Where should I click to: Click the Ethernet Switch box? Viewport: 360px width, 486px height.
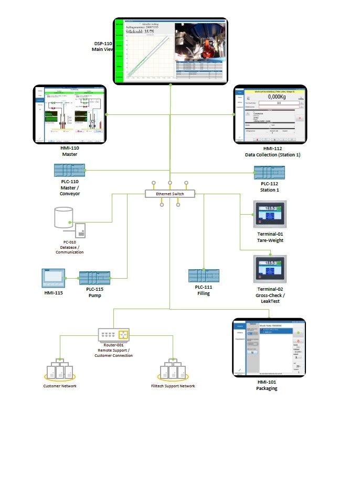(x=170, y=194)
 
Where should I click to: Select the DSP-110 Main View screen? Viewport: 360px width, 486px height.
(x=171, y=50)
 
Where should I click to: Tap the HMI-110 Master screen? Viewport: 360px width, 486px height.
(x=70, y=114)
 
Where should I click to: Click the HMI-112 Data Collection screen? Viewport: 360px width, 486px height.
(x=270, y=114)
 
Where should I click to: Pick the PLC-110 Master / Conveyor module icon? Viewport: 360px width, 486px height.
(x=69, y=170)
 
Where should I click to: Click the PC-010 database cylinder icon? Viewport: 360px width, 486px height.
(x=63, y=217)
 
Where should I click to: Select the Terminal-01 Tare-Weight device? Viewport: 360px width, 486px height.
(x=270, y=216)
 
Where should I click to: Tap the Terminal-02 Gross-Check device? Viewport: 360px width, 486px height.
(x=270, y=269)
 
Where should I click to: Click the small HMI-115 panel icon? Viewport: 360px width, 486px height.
(x=53, y=277)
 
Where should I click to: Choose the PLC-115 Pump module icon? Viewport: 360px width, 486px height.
(x=94, y=278)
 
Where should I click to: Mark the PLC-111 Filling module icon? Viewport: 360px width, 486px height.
(x=204, y=276)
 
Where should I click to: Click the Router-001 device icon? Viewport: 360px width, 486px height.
(x=113, y=335)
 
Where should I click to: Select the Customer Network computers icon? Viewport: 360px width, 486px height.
(x=60, y=369)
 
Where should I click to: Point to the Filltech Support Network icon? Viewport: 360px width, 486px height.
(x=173, y=369)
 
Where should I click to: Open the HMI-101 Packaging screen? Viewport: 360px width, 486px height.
(x=269, y=347)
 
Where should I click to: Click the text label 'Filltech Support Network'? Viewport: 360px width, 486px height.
(x=173, y=386)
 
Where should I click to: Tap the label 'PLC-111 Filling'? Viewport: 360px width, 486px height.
(x=204, y=290)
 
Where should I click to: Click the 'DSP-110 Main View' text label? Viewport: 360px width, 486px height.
(x=102, y=47)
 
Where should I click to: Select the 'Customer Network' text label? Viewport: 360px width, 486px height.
(x=60, y=386)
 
